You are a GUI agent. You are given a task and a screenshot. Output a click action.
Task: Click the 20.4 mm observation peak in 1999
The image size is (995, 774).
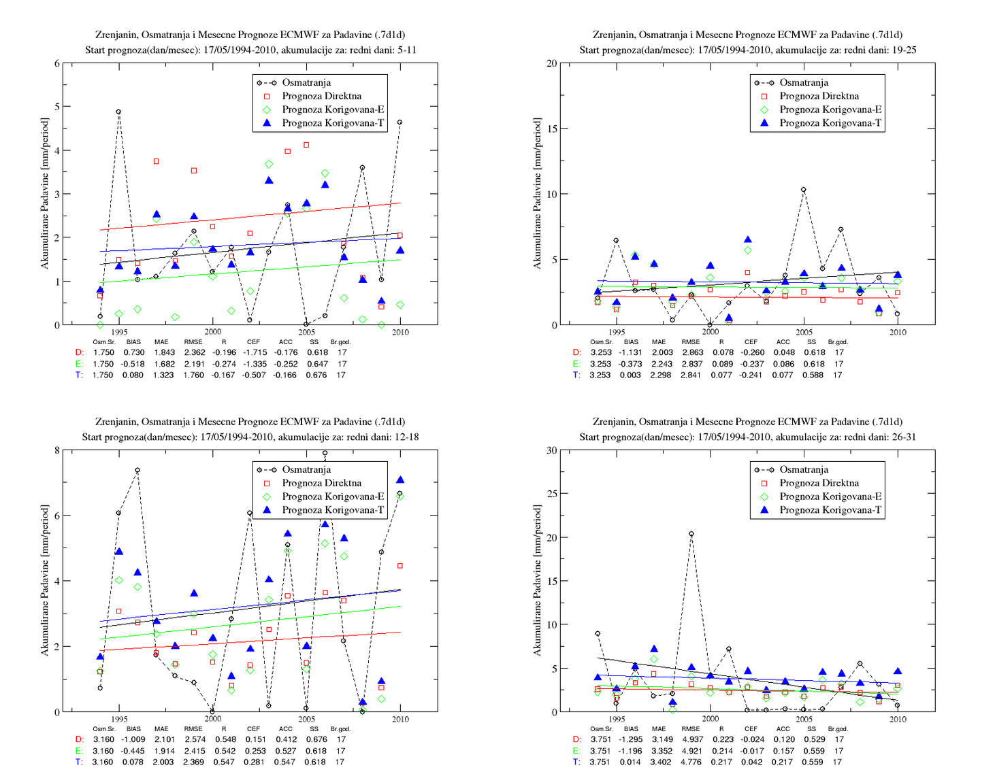point(691,534)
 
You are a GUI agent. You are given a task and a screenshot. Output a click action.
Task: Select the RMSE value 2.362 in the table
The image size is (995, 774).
point(195,352)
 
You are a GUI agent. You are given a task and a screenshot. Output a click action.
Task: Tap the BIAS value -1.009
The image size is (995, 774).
point(133,739)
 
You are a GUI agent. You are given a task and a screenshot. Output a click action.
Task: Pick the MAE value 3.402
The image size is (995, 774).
point(661,762)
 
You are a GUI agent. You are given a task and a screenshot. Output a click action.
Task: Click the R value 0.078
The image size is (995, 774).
point(721,352)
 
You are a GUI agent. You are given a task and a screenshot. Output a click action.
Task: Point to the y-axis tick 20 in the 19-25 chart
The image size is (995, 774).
point(551,63)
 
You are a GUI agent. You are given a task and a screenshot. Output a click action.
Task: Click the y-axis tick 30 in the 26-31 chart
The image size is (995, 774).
point(551,450)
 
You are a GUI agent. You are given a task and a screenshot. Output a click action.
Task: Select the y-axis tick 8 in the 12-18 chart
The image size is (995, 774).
point(56,450)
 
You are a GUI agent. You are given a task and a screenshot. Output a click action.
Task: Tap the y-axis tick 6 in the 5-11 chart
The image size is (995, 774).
point(56,63)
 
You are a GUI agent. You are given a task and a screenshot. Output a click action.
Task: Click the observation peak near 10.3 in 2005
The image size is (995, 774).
point(804,189)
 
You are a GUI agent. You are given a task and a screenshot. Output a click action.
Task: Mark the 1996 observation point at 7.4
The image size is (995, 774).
point(137,470)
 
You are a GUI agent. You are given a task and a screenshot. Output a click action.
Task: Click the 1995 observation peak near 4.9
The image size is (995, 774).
point(118,112)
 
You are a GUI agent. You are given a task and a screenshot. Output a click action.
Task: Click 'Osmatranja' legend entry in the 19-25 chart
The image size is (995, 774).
point(792,83)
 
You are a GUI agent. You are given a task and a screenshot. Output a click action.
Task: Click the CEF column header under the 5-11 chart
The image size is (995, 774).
point(253,341)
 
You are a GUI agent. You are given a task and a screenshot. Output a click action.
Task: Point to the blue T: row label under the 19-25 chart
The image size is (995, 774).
point(576,375)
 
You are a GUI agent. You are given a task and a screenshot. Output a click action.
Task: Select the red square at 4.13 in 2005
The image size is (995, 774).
point(306,145)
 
